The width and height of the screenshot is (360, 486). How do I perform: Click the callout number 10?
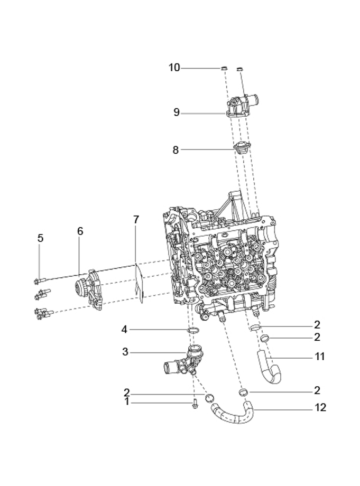pos(174,68)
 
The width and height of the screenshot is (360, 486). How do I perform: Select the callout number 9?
pos(177,112)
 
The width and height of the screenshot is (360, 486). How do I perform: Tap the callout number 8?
pos(176,150)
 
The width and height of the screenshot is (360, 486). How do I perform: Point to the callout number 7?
pos(136,219)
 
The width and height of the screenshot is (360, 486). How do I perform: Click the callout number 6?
pos(80,231)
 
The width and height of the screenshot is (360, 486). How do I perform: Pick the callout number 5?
pos(40,238)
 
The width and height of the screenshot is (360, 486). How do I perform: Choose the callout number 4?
pos(124,330)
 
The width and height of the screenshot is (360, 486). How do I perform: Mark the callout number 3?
pos(125,352)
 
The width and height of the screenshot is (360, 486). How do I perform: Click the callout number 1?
pos(126,402)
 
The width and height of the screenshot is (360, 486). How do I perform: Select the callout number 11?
pos(320,357)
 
